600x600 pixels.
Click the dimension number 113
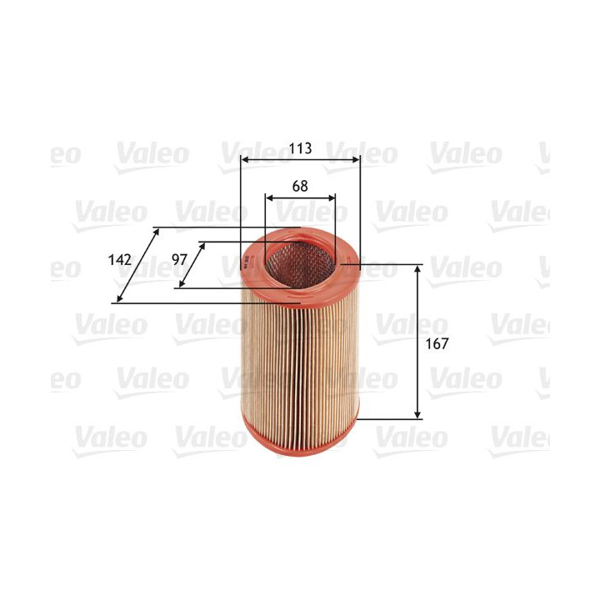click(300, 148)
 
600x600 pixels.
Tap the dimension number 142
click(121, 260)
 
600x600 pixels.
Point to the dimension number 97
click(179, 260)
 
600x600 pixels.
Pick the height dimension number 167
click(437, 343)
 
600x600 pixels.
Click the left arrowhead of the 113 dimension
click(243, 158)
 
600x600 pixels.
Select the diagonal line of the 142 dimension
click(137, 265)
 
